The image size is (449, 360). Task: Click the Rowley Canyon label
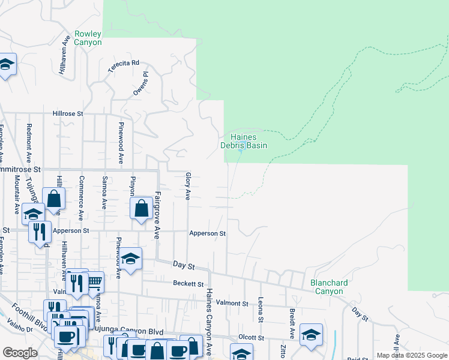point(88,38)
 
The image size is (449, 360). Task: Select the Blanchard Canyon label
point(327,287)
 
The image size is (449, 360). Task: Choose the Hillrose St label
point(67,113)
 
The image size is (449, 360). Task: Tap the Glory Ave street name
point(188,186)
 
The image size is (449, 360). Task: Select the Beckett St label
point(188,283)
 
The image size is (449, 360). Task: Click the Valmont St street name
point(232,304)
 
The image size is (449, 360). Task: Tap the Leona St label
point(261,311)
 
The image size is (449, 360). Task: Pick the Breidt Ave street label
point(292,322)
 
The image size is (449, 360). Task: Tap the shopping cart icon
point(94,280)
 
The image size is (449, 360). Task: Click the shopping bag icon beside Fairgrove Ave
point(141,209)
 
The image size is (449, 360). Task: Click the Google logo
point(20,353)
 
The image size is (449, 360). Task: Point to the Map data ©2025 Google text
point(411,355)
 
